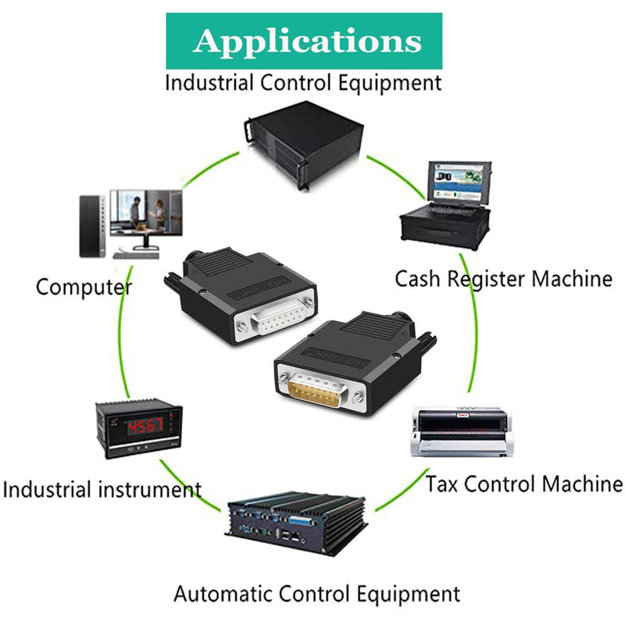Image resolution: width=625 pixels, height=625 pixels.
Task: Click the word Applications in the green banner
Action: coord(307,41)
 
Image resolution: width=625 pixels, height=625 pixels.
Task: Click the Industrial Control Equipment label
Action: coord(303,84)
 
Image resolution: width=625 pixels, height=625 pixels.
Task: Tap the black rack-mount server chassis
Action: coord(304,145)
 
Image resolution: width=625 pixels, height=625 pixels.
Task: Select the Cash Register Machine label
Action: coord(503,279)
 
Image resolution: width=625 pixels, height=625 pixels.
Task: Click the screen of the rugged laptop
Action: coord(459,182)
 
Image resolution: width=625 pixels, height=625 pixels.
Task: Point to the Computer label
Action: coord(84,287)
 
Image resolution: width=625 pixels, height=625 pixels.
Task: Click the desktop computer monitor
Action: coord(146,219)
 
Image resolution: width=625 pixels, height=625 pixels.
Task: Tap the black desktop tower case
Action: coord(92,227)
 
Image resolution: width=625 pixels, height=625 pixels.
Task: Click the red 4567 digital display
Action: coord(145,427)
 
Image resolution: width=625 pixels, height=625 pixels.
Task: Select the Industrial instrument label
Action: coord(102,490)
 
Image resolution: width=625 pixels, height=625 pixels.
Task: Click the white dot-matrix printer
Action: coord(461,432)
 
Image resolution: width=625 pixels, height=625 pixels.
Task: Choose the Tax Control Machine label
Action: coord(523,484)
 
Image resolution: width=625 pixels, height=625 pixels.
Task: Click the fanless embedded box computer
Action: coord(296,523)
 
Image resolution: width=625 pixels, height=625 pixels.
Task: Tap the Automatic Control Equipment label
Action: coord(317,594)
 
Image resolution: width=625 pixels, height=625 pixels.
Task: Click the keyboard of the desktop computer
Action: coord(136,255)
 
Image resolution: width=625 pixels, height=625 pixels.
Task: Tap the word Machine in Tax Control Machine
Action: coord(582,484)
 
